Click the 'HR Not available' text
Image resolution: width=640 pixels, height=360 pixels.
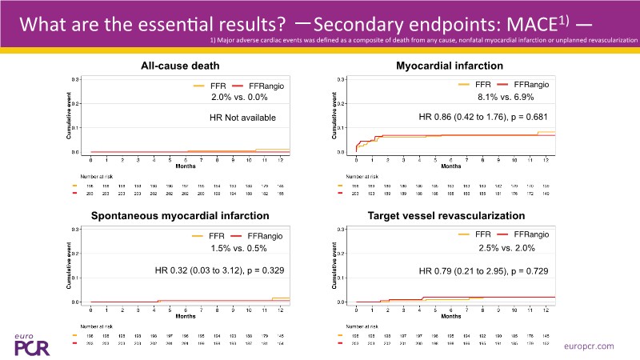click(x=237, y=118)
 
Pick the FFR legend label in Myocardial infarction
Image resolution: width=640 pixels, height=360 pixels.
click(x=482, y=84)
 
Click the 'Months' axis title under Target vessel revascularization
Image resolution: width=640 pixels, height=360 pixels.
click(x=451, y=316)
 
